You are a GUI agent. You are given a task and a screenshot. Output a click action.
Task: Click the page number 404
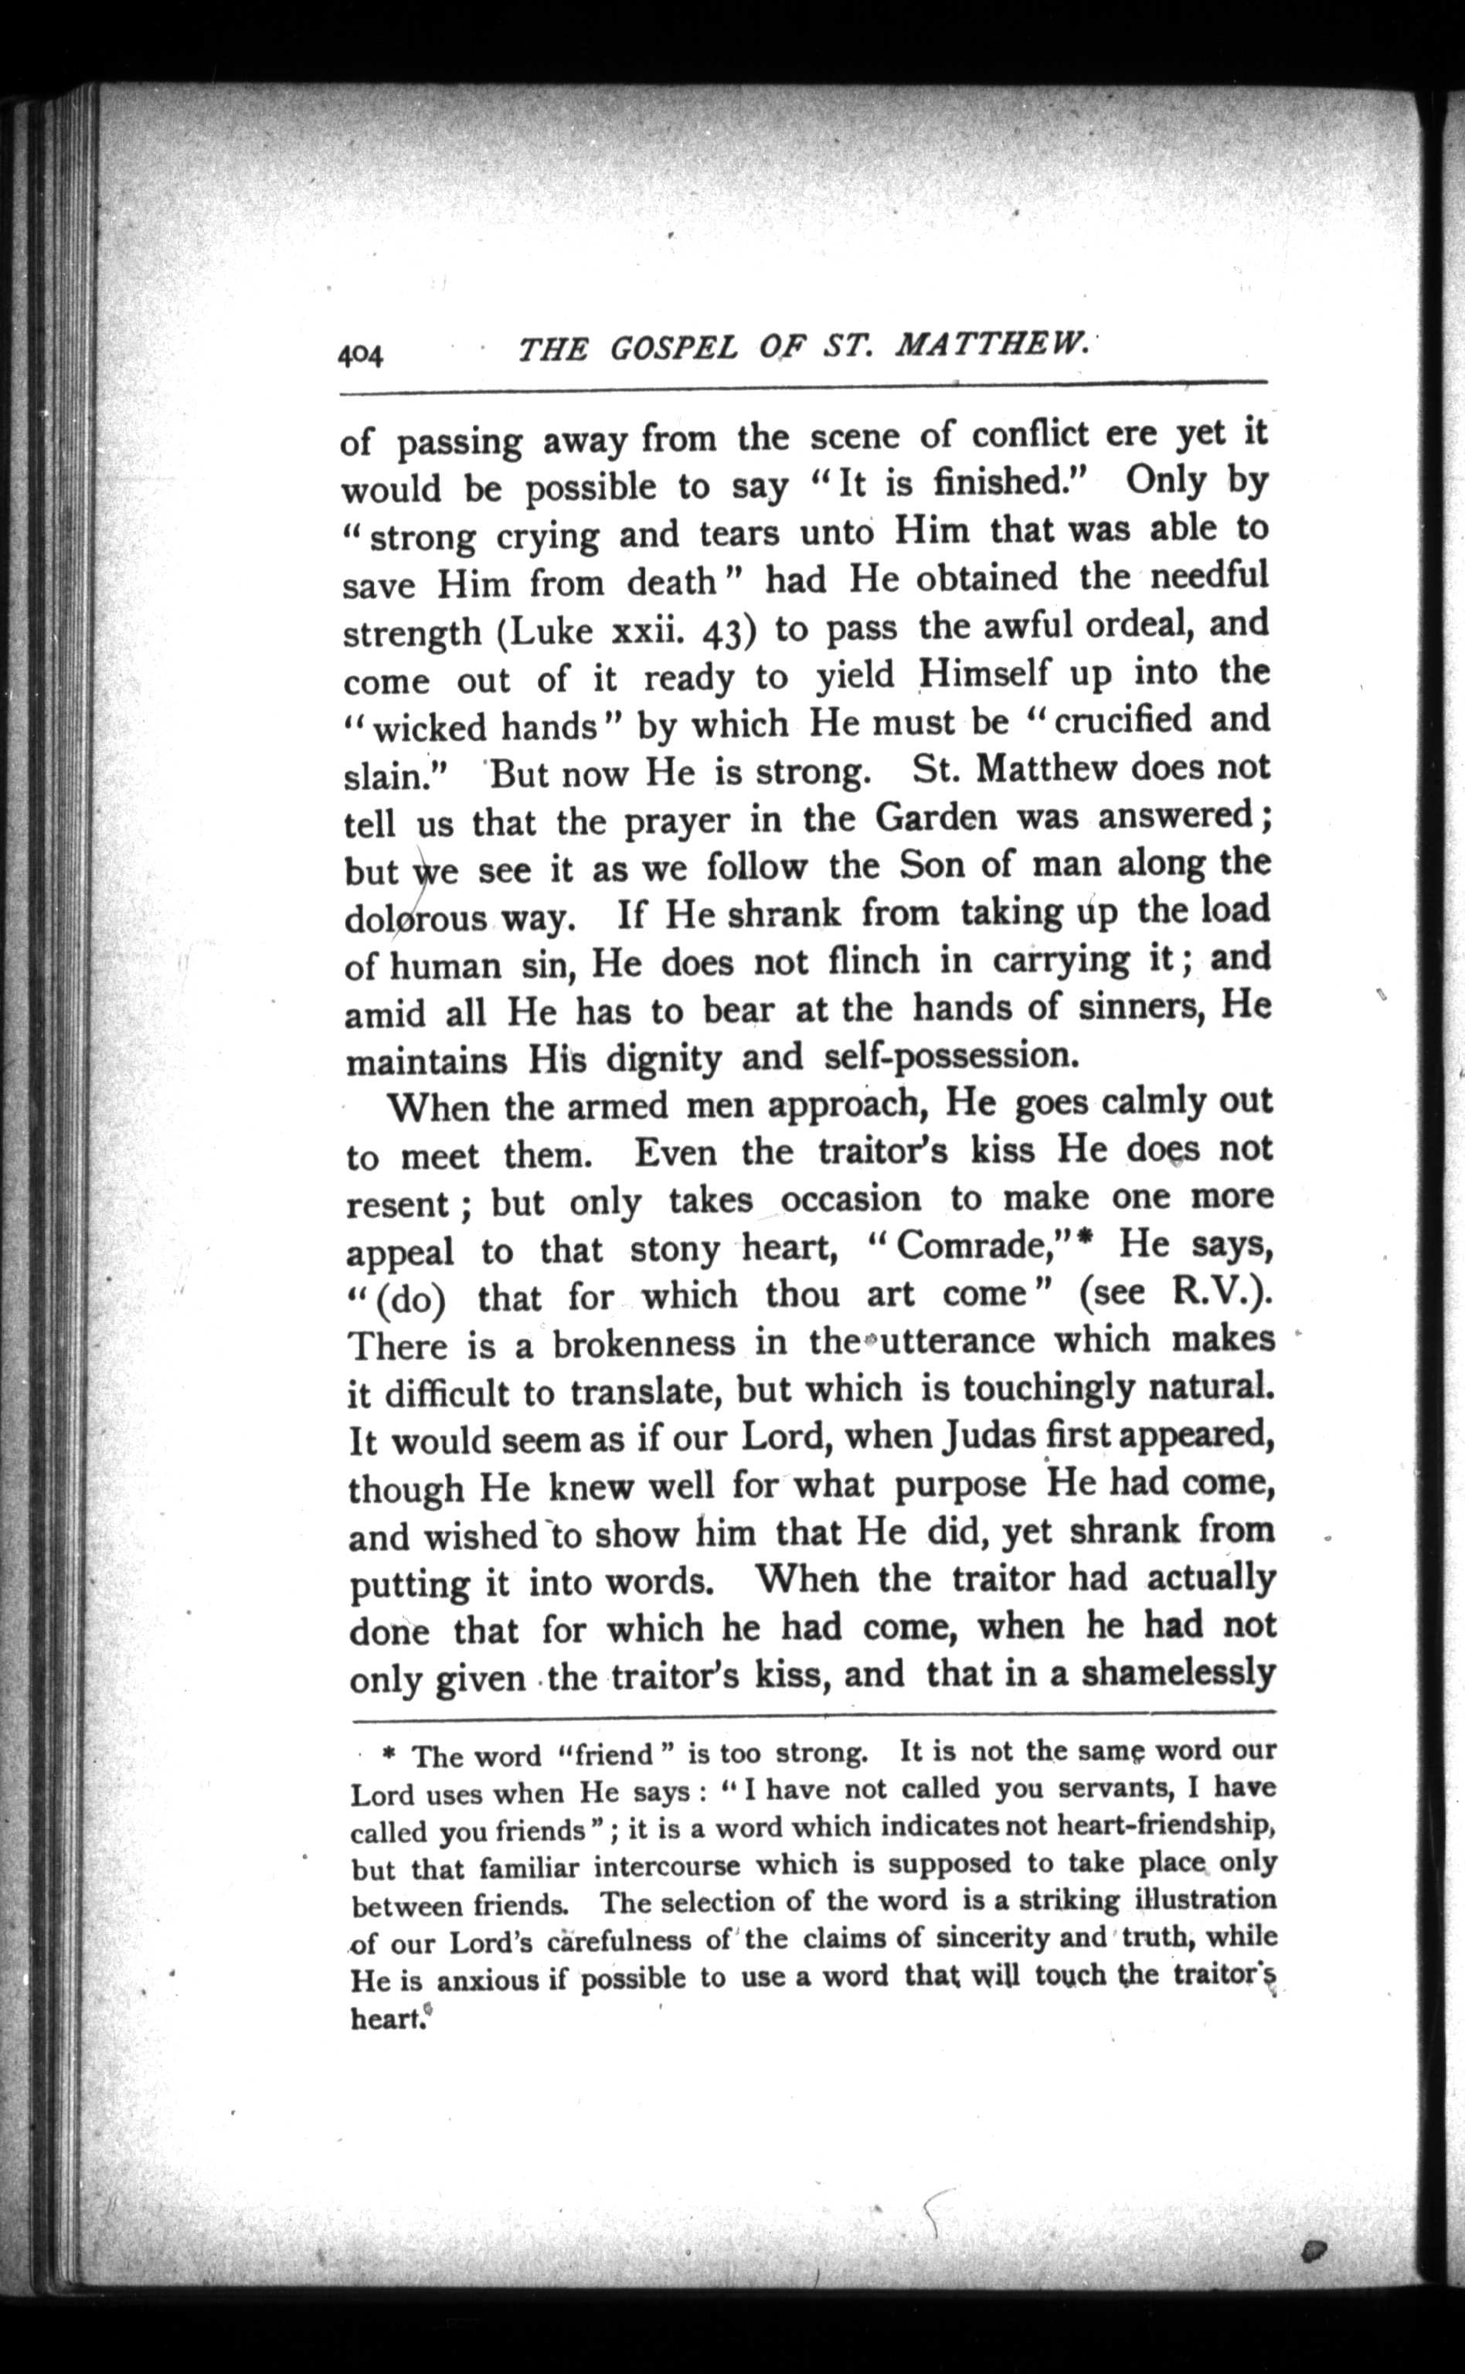click(x=360, y=355)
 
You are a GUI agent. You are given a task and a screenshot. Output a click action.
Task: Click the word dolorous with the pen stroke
click(x=416, y=917)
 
